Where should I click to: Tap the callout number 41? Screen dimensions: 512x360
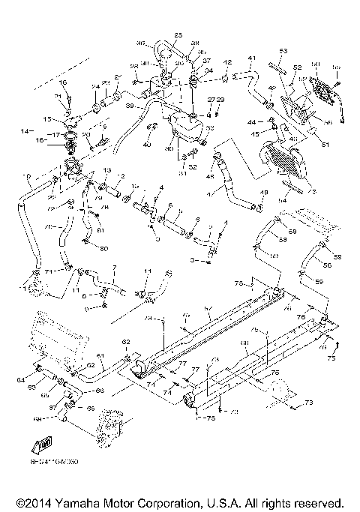[x=252, y=58]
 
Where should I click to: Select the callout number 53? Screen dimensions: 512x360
[x=283, y=51]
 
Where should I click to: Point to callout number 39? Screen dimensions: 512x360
[x=130, y=107]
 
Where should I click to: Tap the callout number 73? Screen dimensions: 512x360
[x=307, y=403]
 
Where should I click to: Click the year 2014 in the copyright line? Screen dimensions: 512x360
[x=32, y=502]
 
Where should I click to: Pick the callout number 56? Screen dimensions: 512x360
[x=327, y=265]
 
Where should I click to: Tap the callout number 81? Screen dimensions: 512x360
[x=97, y=229]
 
